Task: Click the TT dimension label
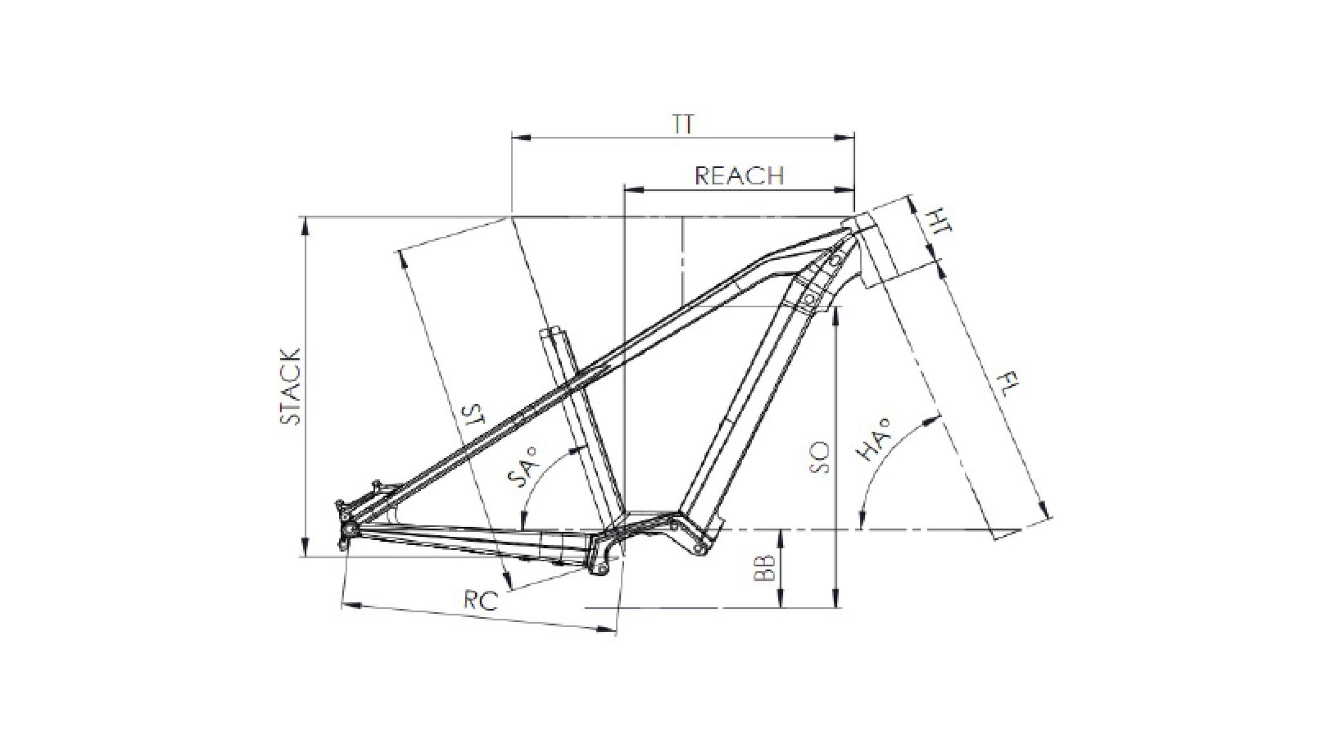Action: click(x=682, y=124)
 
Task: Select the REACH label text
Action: click(x=739, y=176)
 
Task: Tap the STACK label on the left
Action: click(x=290, y=386)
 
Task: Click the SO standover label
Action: click(x=820, y=458)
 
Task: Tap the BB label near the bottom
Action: click(x=764, y=568)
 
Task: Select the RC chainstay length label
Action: click(x=481, y=601)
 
